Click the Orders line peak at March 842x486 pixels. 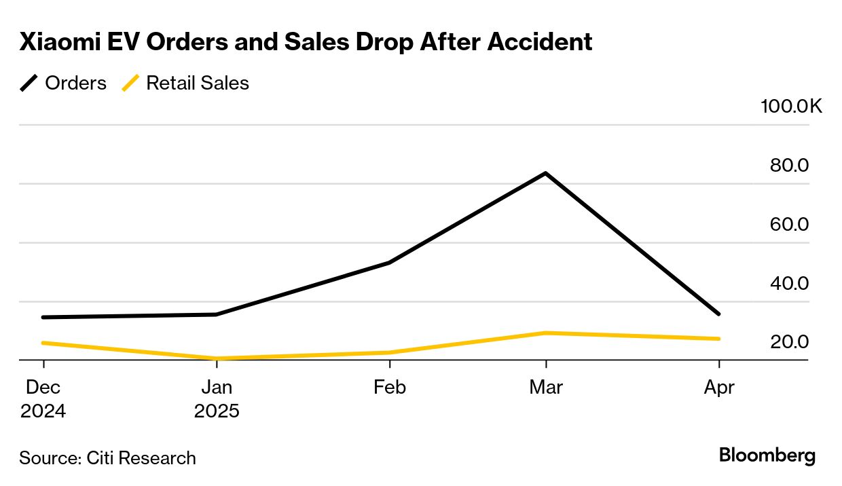545,173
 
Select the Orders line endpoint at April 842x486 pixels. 718,314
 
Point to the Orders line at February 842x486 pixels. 389,262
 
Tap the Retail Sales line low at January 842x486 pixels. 216,358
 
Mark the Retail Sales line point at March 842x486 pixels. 545,333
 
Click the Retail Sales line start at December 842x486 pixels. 43,343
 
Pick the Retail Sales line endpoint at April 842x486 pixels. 718,339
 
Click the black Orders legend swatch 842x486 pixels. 30,83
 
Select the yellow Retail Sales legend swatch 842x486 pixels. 130,83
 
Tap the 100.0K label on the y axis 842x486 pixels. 791,107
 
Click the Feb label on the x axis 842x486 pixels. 389,387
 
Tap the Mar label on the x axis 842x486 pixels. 545,387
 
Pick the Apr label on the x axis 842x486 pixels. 718,387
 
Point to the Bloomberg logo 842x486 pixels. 767,455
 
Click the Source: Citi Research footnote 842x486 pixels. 107,458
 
